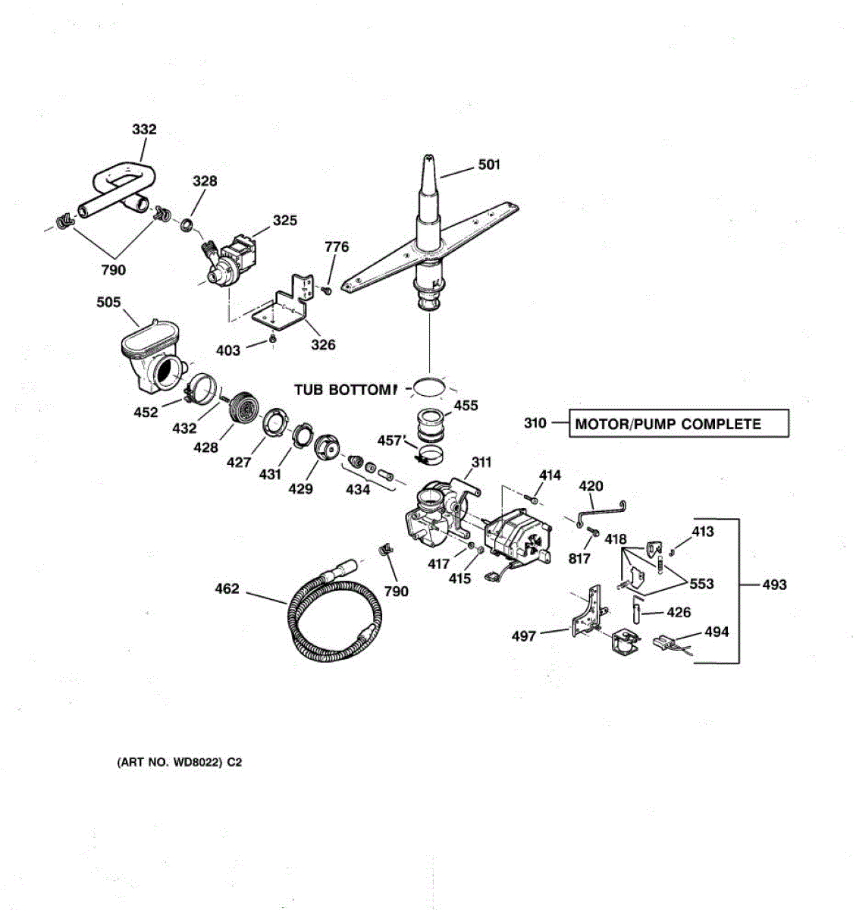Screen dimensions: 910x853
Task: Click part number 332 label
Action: (144, 130)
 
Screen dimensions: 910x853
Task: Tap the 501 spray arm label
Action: (489, 164)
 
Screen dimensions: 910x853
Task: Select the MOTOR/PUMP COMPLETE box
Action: (679, 423)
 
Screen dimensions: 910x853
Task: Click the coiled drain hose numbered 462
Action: (326, 614)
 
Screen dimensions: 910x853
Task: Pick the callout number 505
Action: (108, 303)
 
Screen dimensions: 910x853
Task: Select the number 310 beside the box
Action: (535, 423)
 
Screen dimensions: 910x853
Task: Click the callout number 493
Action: (774, 585)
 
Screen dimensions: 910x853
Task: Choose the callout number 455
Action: (466, 406)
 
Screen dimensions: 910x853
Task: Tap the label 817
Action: (579, 559)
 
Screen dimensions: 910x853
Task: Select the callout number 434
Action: (358, 490)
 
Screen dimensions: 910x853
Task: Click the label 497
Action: (524, 636)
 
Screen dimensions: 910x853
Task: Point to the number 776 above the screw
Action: (337, 246)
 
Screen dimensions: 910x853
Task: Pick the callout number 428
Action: (205, 448)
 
